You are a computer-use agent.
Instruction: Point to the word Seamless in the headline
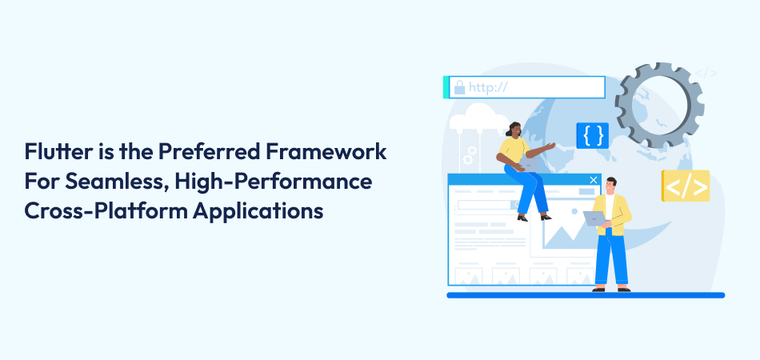point(101,182)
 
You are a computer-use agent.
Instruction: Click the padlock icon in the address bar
point(458,86)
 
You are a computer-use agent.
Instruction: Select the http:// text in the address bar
point(490,86)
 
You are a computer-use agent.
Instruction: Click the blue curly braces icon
point(593,134)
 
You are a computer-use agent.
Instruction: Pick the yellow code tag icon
point(686,186)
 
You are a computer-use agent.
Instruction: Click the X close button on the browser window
point(593,181)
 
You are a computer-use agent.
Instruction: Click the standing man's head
point(610,185)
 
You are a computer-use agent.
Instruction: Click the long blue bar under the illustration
point(585,295)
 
